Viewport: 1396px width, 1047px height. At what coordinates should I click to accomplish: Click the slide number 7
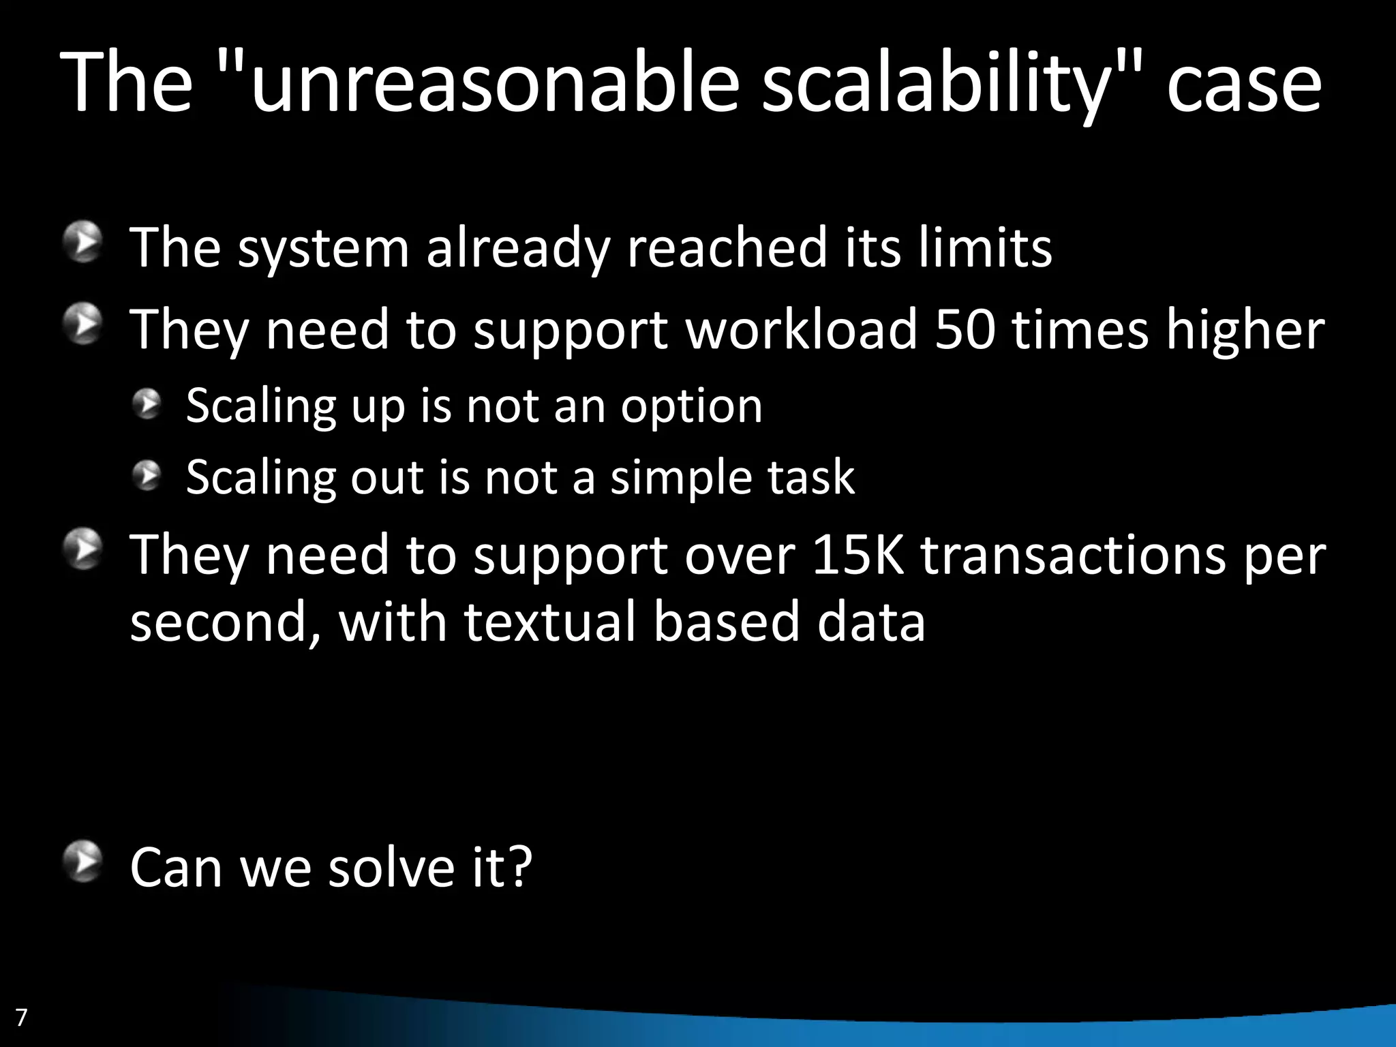(x=21, y=1017)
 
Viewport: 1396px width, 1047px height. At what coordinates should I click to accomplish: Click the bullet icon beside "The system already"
(x=83, y=241)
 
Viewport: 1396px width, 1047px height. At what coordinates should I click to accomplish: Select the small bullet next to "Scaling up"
(x=147, y=404)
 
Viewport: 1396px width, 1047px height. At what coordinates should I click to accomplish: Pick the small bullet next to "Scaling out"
(x=147, y=475)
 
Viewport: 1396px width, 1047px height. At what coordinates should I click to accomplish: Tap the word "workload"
(x=802, y=329)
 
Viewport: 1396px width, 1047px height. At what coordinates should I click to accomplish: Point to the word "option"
(x=691, y=407)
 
